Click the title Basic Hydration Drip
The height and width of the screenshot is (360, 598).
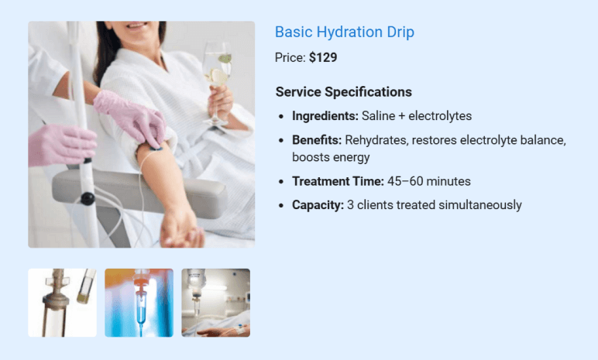click(344, 32)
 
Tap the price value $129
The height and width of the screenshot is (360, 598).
click(323, 57)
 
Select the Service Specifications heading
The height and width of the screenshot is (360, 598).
click(343, 91)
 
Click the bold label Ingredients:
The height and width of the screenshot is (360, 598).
click(325, 116)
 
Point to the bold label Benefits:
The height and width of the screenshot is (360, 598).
click(317, 140)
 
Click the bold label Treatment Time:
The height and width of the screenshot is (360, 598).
click(338, 181)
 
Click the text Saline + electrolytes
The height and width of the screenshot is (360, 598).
click(417, 116)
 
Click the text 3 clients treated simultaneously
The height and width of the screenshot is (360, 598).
click(435, 205)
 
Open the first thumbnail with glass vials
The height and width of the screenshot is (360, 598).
click(62, 303)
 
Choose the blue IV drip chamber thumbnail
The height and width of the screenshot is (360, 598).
click(139, 303)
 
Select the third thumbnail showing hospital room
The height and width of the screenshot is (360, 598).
click(215, 303)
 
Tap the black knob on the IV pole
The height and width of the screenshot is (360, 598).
click(88, 199)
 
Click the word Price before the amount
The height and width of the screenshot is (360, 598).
click(289, 57)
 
